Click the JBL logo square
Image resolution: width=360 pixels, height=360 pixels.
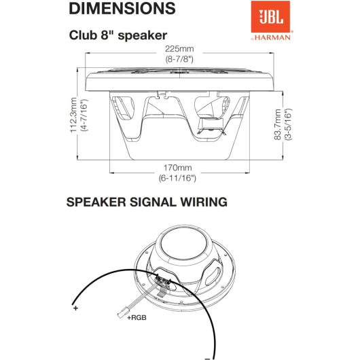[270, 16]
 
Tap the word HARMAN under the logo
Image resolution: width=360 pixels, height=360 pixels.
[272, 37]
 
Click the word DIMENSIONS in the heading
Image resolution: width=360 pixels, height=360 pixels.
[122, 8]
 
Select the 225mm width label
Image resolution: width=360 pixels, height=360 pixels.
[179, 49]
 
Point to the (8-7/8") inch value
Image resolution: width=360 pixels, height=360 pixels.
[179, 59]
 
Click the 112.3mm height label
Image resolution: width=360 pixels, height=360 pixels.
[73, 115]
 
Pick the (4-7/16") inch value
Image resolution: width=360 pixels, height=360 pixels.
[84, 115]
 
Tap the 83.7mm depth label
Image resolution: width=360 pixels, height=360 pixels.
[277, 124]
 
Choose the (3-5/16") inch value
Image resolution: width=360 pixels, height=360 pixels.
[288, 124]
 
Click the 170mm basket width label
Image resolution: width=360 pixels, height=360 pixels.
[177, 168]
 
